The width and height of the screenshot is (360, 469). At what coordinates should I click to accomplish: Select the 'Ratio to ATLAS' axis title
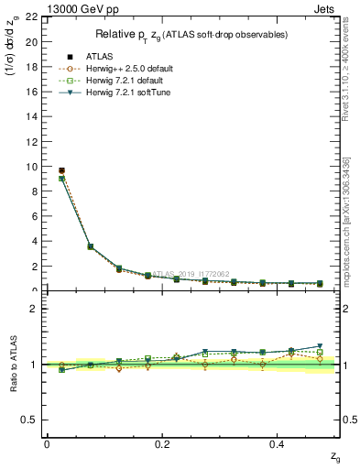click(13, 364)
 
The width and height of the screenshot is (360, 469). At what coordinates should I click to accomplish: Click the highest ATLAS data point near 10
click(61, 170)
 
